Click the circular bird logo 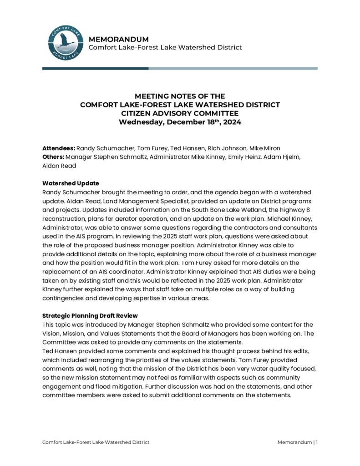tap(66, 43)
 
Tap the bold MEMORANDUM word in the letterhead tap(119, 39)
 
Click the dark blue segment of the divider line tap(95, 68)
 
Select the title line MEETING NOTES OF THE tap(180, 96)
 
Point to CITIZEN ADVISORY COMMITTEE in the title tap(180, 113)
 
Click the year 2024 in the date tap(232, 122)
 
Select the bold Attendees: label tap(59, 148)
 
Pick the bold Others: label tap(53, 157)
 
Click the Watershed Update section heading tap(71, 183)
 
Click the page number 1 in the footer tap(316, 442)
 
